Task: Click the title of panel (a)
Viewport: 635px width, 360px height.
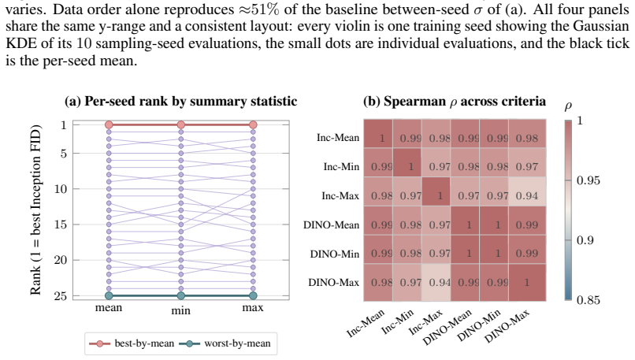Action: tap(180, 101)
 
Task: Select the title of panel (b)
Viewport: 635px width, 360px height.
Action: tap(455, 101)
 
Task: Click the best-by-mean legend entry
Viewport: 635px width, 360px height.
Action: tap(132, 343)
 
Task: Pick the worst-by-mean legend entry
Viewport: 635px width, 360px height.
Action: tap(225, 343)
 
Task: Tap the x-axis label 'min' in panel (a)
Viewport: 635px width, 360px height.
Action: tap(180, 310)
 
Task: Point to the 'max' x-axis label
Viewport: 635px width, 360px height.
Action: tap(253, 308)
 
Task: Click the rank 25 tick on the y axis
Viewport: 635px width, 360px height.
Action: tap(61, 296)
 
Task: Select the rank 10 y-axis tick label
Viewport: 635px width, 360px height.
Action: tap(61, 189)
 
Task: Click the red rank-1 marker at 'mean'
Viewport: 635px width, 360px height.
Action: tap(109, 124)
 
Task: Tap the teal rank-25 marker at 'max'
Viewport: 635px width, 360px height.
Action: tap(253, 296)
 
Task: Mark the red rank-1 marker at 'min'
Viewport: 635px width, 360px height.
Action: tap(181, 124)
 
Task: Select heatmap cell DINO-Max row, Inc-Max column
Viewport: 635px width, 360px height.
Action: tap(436, 282)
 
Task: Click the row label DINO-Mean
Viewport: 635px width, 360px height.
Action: tap(331, 225)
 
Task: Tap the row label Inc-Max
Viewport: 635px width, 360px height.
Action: tap(340, 196)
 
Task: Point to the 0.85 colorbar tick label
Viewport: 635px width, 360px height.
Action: tap(588, 300)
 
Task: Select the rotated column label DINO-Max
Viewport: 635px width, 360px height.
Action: tap(507, 326)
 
